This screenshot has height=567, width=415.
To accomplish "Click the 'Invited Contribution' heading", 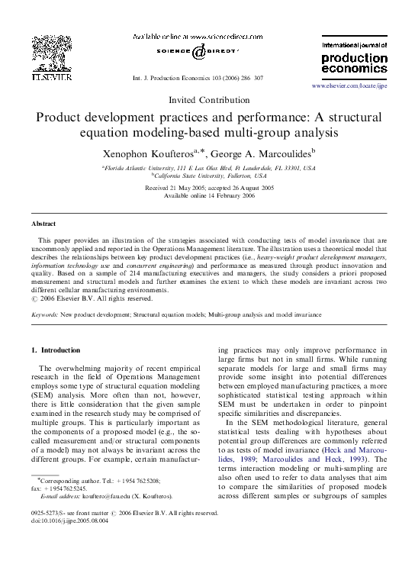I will [x=207, y=100].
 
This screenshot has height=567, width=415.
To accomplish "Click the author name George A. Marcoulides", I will [x=254, y=153].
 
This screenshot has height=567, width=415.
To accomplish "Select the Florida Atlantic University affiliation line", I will [x=207, y=167].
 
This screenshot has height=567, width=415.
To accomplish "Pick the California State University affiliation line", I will [x=207, y=176].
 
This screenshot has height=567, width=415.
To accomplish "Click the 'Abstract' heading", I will [x=43, y=224].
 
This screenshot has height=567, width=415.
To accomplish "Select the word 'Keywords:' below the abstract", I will [x=43, y=313].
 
